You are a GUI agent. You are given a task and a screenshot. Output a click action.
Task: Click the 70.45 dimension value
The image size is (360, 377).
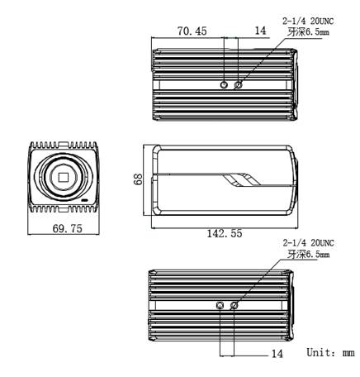tap(192, 31)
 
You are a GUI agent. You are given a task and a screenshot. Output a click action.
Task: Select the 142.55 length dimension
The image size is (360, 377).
tap(225, 234)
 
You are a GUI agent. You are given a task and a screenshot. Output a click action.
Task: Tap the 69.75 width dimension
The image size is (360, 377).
tap(68, 228)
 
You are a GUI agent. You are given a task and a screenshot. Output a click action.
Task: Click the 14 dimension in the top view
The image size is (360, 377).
tap(260, 31)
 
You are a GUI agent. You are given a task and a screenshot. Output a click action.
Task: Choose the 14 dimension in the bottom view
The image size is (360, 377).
tap(277, 353)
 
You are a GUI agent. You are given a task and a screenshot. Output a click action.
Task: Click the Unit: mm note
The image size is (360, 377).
tap(330, 352)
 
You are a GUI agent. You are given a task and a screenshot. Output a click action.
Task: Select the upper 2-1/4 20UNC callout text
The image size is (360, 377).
tap(308, 21)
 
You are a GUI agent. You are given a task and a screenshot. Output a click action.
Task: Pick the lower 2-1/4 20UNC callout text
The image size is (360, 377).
tap(309, 243)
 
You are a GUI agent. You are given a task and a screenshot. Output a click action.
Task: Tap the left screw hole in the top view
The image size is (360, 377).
tap(225, 84)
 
